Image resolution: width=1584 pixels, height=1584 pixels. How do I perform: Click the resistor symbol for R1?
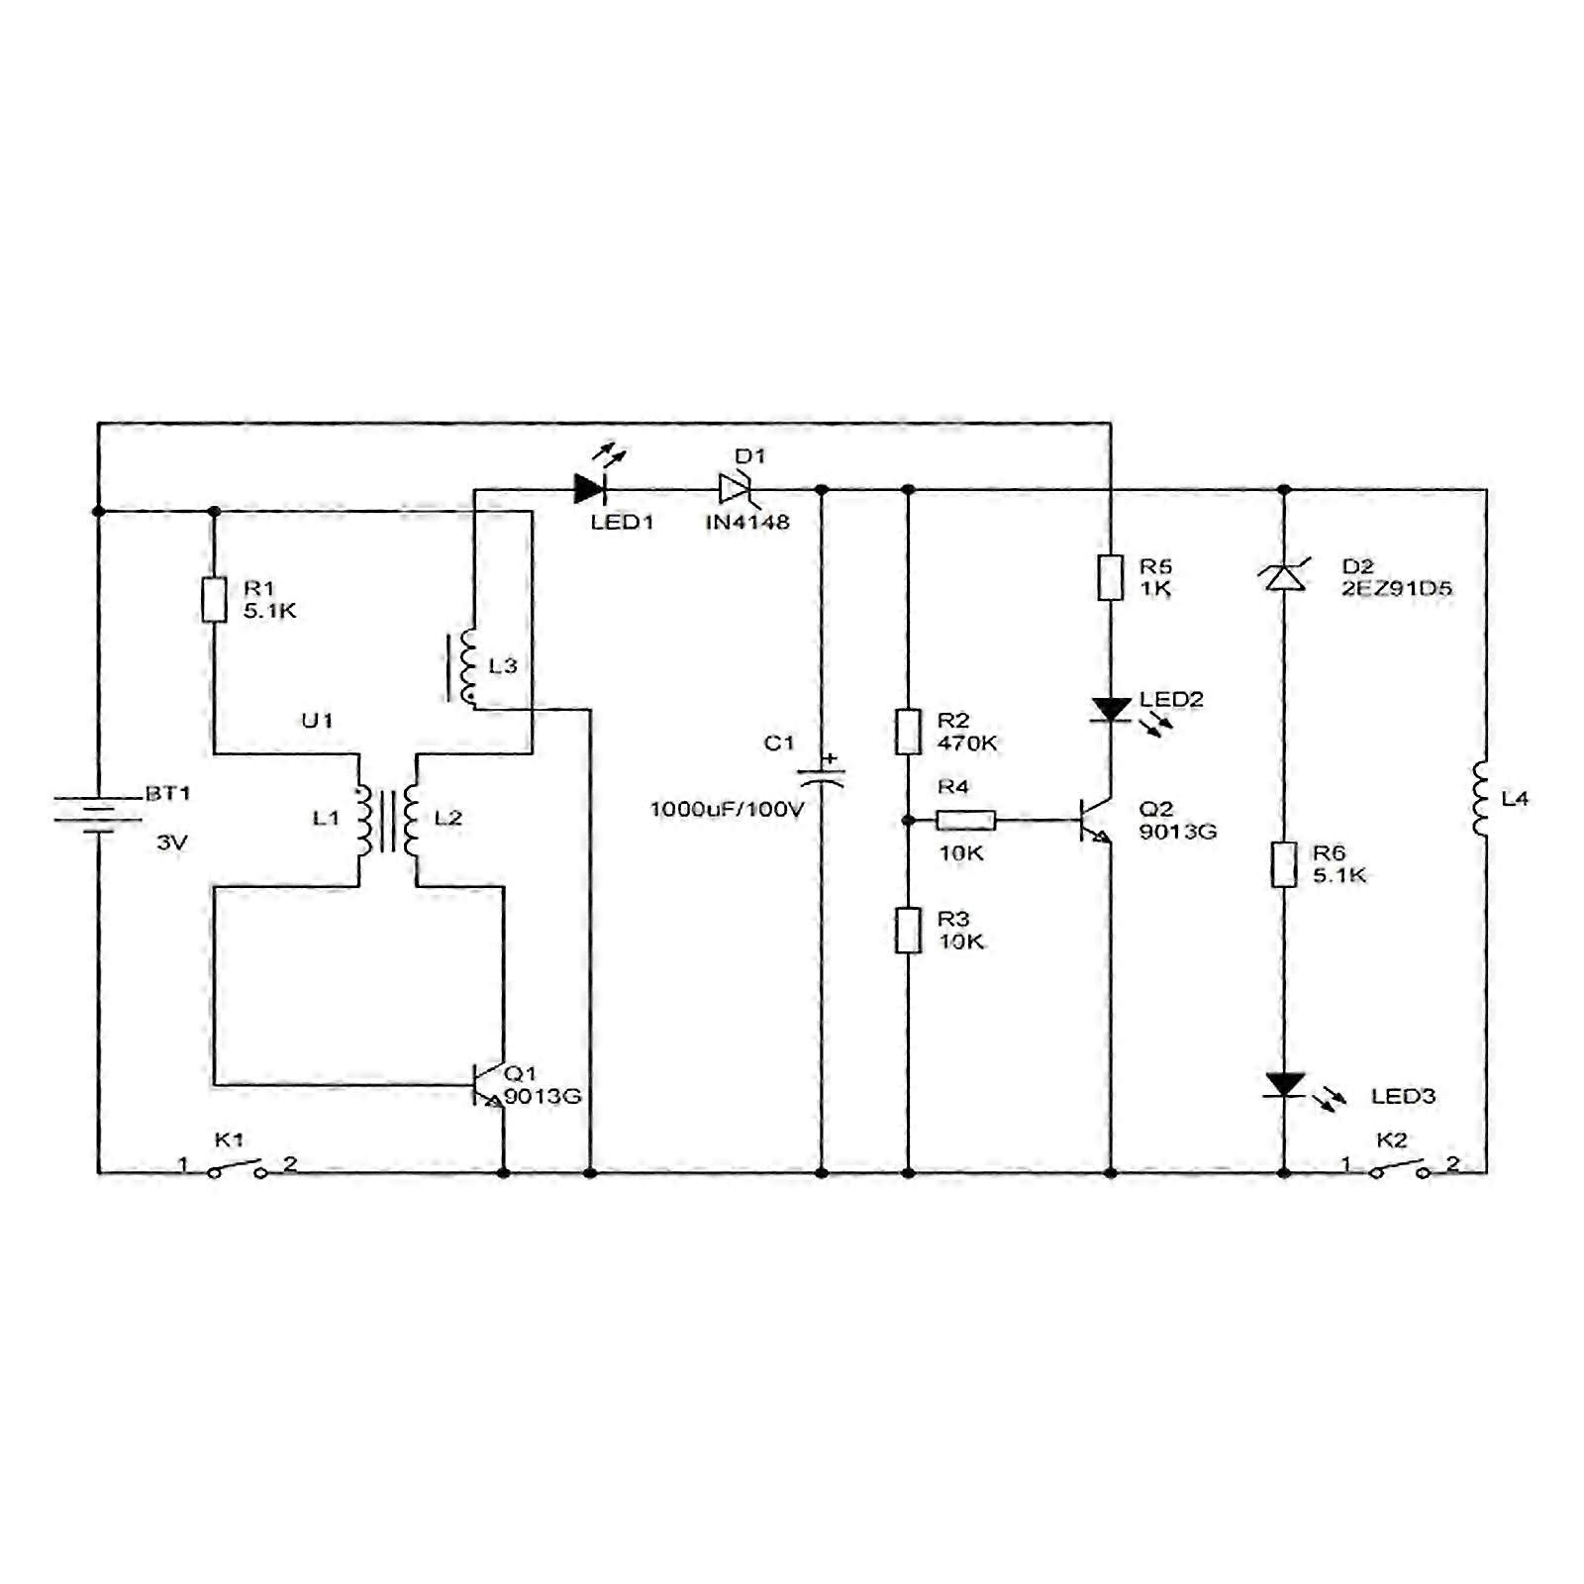point(214,599)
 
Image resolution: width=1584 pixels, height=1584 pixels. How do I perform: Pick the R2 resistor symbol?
point(908,732)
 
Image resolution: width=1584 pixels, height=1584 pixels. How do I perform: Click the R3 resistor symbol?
point(908,930)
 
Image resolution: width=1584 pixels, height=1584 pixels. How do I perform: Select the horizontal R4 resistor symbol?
point(965,820)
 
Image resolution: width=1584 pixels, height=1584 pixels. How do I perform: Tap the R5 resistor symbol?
point(1110,577)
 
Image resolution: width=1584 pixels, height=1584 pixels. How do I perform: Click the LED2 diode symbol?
point(1111,710)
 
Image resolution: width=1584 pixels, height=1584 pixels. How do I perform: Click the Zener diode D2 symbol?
point(1284,576)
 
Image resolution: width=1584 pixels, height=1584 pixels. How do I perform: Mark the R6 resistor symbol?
point(1284,864)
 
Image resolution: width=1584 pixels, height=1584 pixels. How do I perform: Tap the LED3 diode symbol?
point(1284,1085)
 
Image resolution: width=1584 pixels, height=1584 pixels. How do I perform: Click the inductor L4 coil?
point(1481,798)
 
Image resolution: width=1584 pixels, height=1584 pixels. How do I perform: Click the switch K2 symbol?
point(1399,1168)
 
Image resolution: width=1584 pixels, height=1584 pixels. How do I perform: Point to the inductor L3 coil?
point(466,667)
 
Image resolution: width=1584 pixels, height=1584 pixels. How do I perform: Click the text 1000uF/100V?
point(727,810)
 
